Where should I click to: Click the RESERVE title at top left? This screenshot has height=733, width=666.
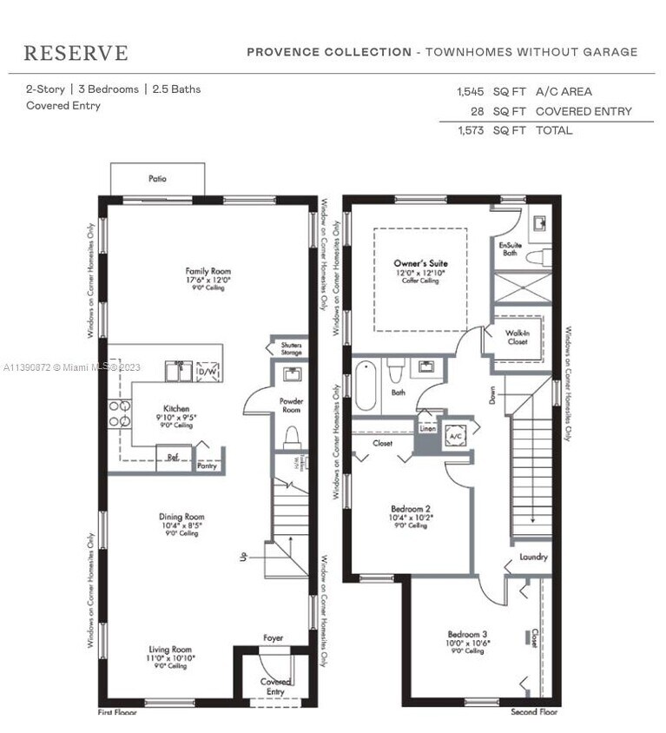click(x=76, y=53)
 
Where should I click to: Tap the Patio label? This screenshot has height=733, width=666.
click(x=157, y=179)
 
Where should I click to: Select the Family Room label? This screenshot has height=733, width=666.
click(x=208, y=271)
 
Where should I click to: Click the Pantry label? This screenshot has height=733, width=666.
click(x=208, y=466)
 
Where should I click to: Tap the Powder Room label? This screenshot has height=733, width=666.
click(x=291, y=406)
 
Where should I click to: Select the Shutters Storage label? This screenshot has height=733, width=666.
click(x=291, y=349)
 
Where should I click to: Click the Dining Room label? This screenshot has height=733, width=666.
click(x=181, y=517)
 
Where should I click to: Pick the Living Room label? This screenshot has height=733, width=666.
click(x=169, y=649)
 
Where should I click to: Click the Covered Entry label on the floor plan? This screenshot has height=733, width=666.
click(x=275, y=686)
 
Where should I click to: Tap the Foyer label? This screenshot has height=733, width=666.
click(x=273, y=638)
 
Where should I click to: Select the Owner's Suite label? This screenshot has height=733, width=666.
click(x=420, y=262)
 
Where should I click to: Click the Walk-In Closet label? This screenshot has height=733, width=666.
click(x=518, y=337)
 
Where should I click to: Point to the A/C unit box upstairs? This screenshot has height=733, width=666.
click(x=455, y=437)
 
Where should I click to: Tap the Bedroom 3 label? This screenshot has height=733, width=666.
click(x=467, y=634)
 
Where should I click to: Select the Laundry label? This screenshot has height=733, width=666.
click(x=533, y=557)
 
